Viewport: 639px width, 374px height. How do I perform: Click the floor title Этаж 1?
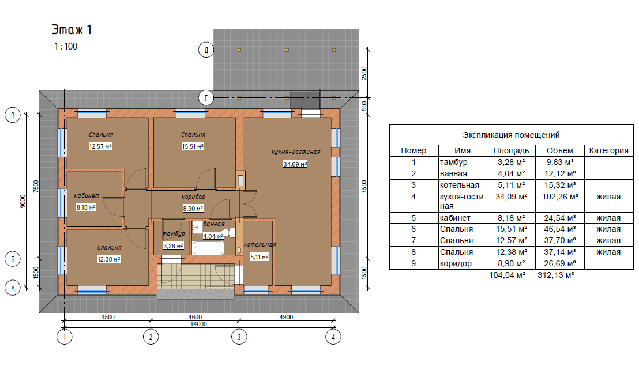pos(72,29)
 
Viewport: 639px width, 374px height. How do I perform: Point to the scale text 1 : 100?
pos(66,47)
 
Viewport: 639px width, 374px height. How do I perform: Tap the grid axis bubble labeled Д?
pos(206,50)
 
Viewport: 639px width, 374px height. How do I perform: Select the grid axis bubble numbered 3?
pos(239,337)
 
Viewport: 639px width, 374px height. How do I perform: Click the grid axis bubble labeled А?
pos(13,289)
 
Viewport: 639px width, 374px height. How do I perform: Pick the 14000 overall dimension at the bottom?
pos(198,324)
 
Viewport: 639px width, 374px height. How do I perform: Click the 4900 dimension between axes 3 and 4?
pos(286,317)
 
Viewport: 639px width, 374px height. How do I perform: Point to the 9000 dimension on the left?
pos(23,201)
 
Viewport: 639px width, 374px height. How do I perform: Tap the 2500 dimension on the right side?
pos(364,73)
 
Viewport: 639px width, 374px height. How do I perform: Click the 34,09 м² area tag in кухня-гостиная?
pos(295,164)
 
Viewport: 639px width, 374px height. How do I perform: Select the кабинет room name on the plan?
pos(87,195)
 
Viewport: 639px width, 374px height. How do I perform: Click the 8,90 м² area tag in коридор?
pos(193,208)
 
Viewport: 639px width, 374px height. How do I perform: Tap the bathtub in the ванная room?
pos(208,248)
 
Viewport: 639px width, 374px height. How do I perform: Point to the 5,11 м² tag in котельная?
pos(259,256)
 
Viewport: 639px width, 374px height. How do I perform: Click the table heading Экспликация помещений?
pos(511,135)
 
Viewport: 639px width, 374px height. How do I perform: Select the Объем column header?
pos(559,150)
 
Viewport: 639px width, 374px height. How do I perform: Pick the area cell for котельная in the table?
pos(511,185)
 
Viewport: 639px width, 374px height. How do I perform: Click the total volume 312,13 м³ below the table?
pos(555,275)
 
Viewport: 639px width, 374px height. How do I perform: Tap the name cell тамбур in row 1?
pos(453,162)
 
